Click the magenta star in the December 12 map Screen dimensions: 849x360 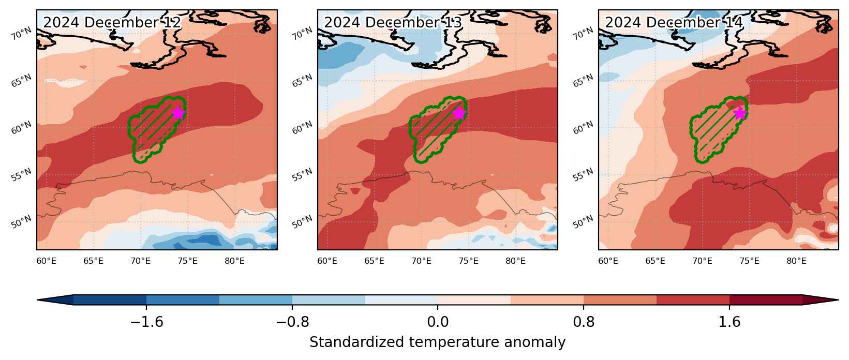178,113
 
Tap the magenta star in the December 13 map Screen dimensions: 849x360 459,113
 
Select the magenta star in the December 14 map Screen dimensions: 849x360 740,113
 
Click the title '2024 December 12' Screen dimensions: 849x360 112,23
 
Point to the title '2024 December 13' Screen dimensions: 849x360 393,23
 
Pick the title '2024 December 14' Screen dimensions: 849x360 674,23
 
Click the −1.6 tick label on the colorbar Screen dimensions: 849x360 146,322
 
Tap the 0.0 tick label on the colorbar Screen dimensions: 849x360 438,322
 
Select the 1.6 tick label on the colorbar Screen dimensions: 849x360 729,322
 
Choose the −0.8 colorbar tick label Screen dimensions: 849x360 292,322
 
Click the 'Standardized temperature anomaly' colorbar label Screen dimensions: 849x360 437,342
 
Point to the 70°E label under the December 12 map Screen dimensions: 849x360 140,261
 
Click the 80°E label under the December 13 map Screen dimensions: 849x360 515,261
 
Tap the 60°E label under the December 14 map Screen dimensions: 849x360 608,261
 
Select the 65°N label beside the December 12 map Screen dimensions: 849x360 21,81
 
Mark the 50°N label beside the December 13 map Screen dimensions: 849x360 302,222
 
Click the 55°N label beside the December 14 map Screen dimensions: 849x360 583,175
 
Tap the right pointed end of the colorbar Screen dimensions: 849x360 838,300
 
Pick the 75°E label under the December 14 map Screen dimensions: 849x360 749,261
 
